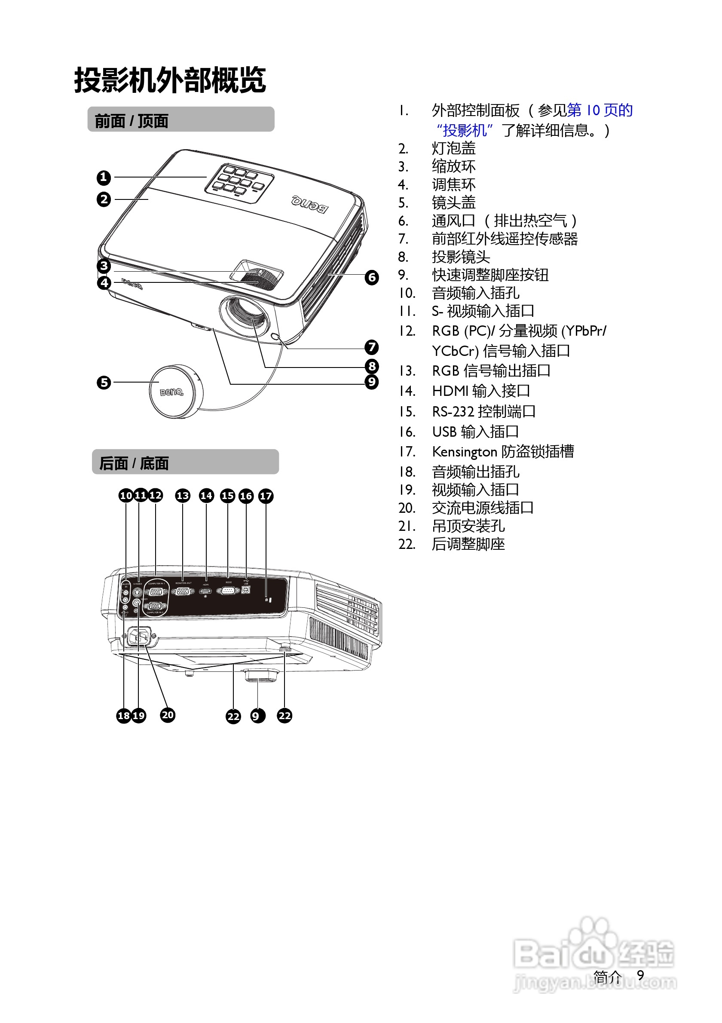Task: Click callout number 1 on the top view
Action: [103, 178]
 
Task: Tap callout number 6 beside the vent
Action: [371, 278]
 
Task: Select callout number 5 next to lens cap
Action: [103, 382]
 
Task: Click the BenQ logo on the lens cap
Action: [171, 392]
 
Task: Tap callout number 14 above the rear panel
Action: [206, 496]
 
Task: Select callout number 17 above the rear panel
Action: [266, 496]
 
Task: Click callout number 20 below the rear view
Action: [168, 715]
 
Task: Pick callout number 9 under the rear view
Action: [257, 716]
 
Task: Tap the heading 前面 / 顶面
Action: [132, 121]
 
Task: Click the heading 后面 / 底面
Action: [134, 463]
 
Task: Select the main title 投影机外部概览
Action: [170, 80]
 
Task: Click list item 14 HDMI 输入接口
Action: [481, 391]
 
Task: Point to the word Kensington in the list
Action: [465, 452]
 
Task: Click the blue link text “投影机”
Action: [464, 131]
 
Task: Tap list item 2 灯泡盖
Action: [453, 148]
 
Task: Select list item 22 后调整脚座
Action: [468, 544]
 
